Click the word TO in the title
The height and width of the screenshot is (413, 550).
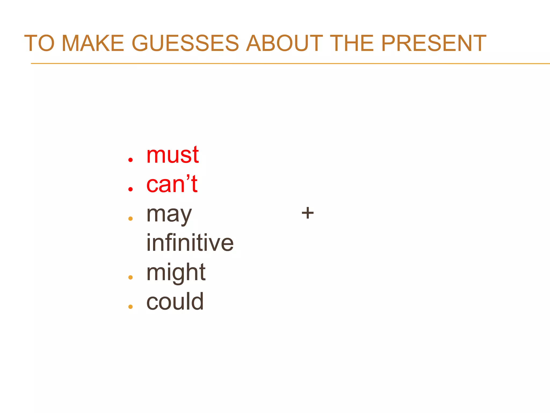pos(39,43)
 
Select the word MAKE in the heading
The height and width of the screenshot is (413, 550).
pos(93,43)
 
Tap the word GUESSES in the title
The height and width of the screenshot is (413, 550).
pos(185,43)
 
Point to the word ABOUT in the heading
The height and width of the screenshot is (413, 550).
pos(284,43)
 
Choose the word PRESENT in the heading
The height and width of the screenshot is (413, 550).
pos(434,43)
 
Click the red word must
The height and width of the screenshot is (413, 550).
pos(172,155)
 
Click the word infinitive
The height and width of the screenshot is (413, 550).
pos(190,243)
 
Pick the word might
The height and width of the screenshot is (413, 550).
pos(176,273)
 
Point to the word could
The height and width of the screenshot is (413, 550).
pos(175,302)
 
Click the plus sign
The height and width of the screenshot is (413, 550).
pos(307,213)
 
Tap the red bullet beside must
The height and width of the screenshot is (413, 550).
pos(131,160)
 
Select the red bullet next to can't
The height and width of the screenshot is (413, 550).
pos(131,189)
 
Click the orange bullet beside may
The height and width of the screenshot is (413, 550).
pos(131,219)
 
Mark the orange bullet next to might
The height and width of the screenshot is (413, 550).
pos(131,277)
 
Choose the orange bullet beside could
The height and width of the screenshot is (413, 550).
pos(131,307)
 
